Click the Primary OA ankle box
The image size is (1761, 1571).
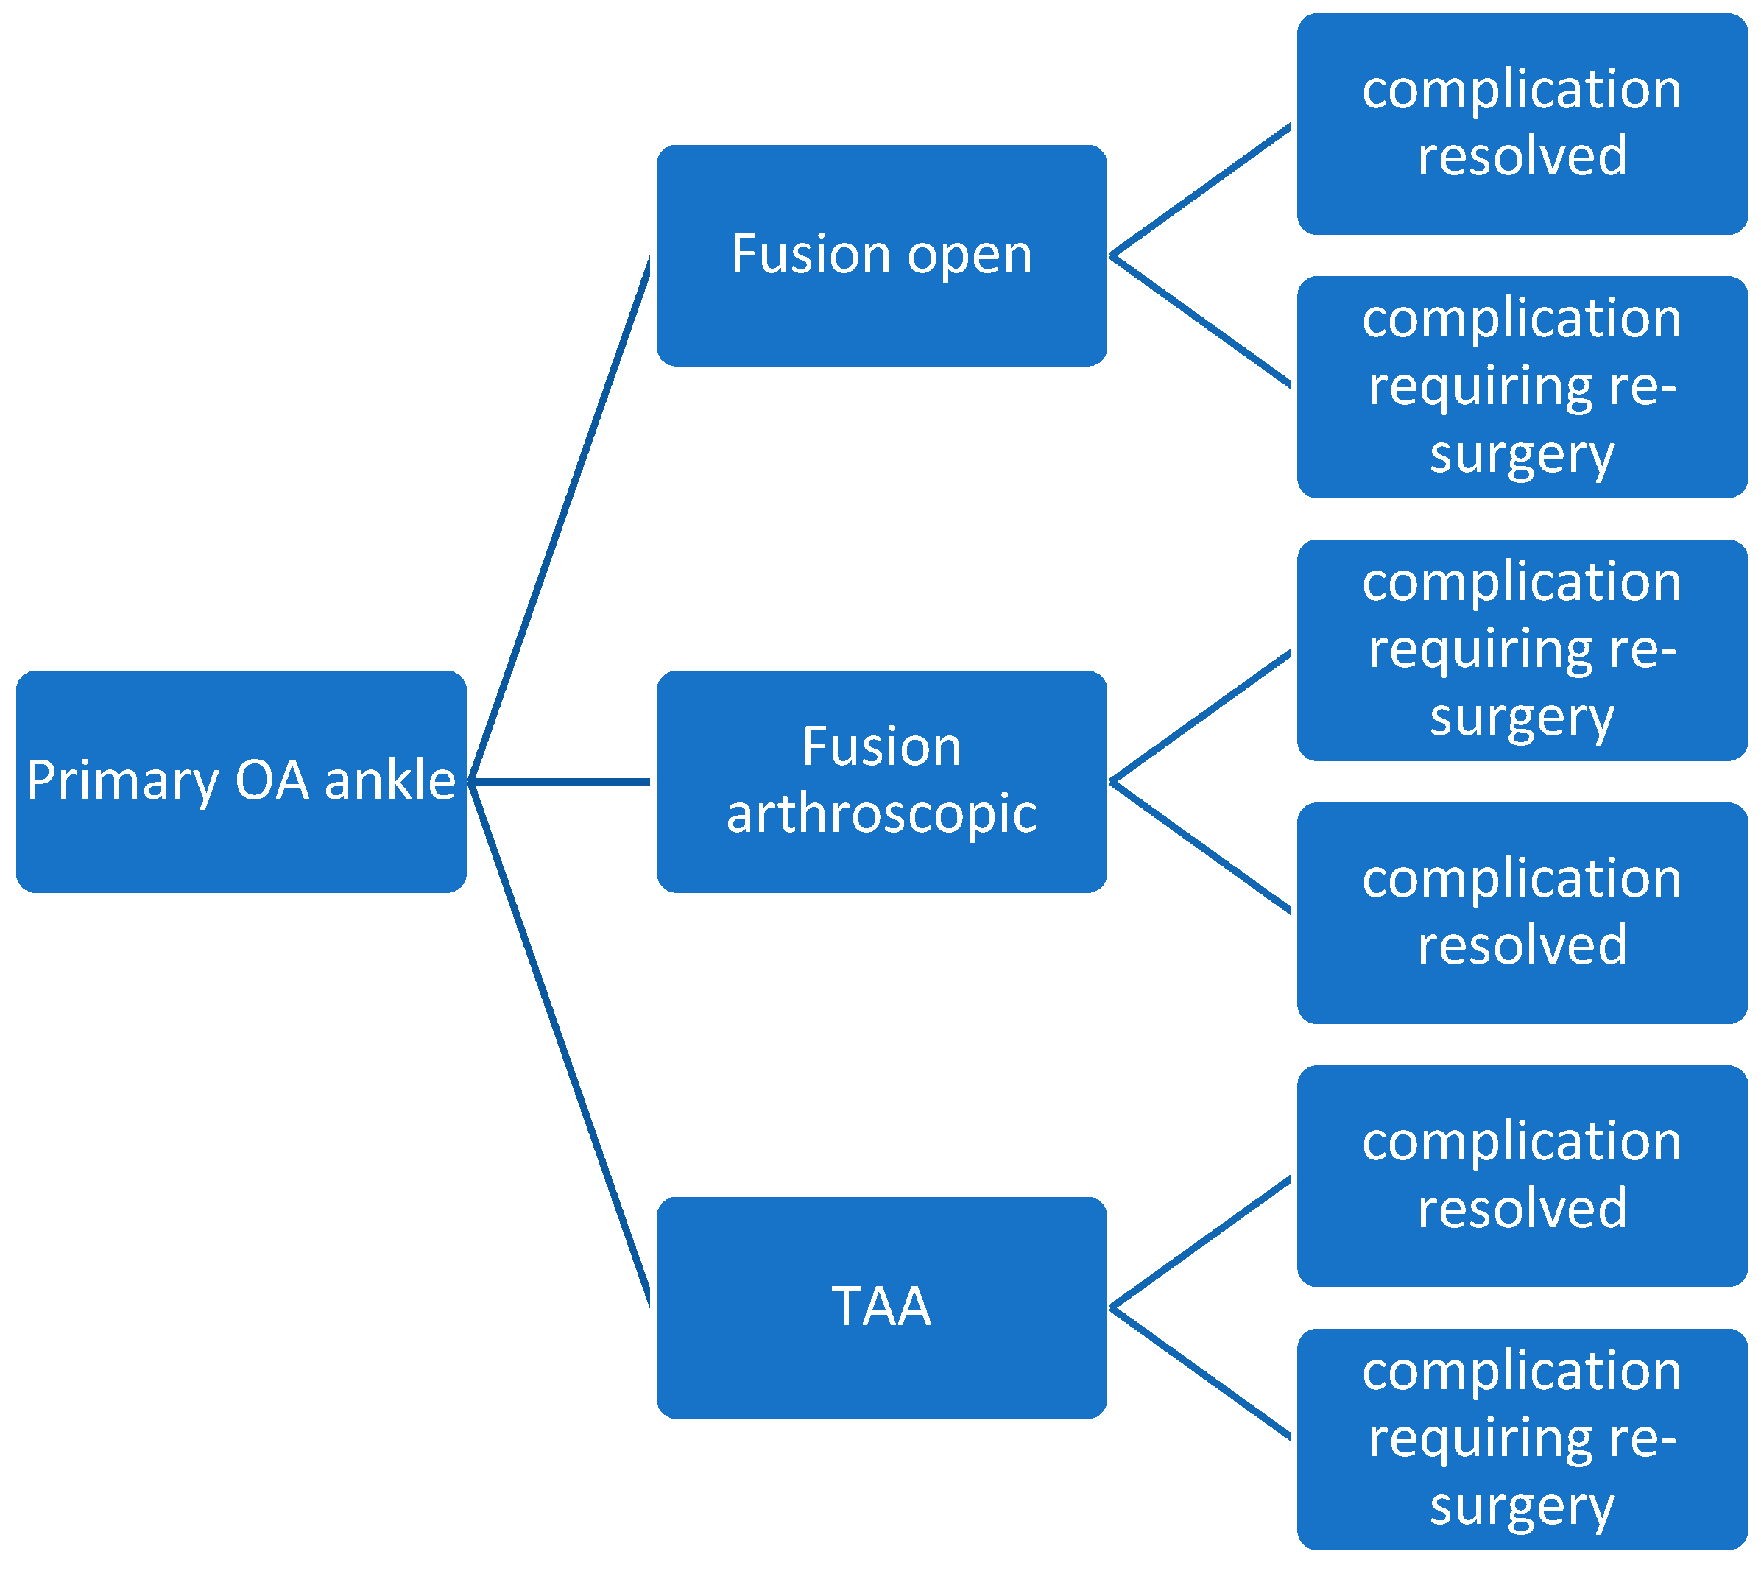[241, 782]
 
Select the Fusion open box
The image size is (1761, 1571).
[881, 255]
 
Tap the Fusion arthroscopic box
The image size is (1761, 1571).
[881, 782]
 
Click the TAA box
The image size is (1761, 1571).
[881, 1307]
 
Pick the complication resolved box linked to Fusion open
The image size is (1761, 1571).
[1522, 124]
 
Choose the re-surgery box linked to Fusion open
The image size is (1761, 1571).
[1522, 386]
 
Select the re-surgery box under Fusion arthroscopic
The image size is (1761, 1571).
[1522, 650]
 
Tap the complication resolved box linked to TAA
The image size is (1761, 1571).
[1522, 1176]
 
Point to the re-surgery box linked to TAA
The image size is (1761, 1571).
[1522, 1439]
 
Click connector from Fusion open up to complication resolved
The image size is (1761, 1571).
[1200, 191]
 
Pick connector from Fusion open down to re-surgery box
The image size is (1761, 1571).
[1200, 320]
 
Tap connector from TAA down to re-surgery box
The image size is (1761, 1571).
[1200, 1372]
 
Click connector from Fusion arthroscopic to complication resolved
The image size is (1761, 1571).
[1200, 847]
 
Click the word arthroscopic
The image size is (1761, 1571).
[881, 815]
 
